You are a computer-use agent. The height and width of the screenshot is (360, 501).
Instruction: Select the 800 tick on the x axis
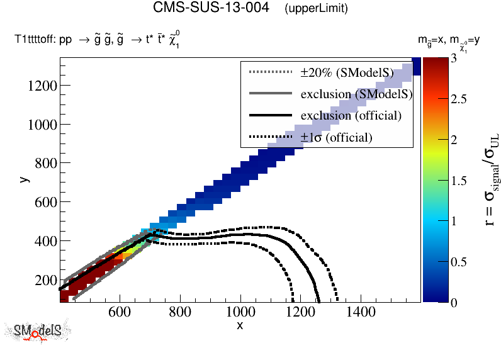pos(180,312)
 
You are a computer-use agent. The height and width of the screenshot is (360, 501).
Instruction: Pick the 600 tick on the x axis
pos(120,312)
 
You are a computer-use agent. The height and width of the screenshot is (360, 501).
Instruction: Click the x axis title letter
pos(240,325)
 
